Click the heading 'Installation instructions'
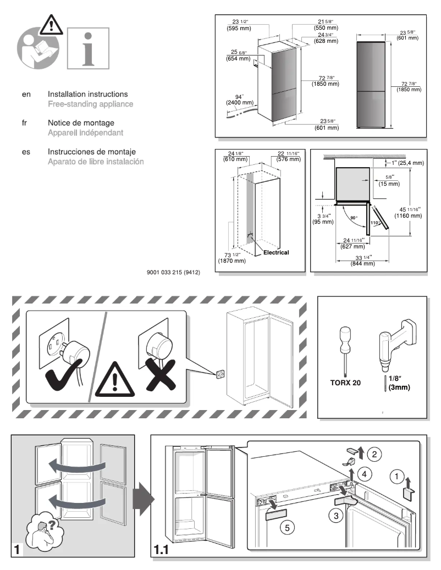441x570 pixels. tap(87, 95)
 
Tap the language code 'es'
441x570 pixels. tap(26, 152)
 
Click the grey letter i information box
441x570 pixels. tap(88, 48)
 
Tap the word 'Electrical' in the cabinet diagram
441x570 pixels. tap(276, 253)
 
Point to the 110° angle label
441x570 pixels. tap(376, 223)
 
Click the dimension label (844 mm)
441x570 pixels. tap(362, 264)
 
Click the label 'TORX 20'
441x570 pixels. tap(345, 382)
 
